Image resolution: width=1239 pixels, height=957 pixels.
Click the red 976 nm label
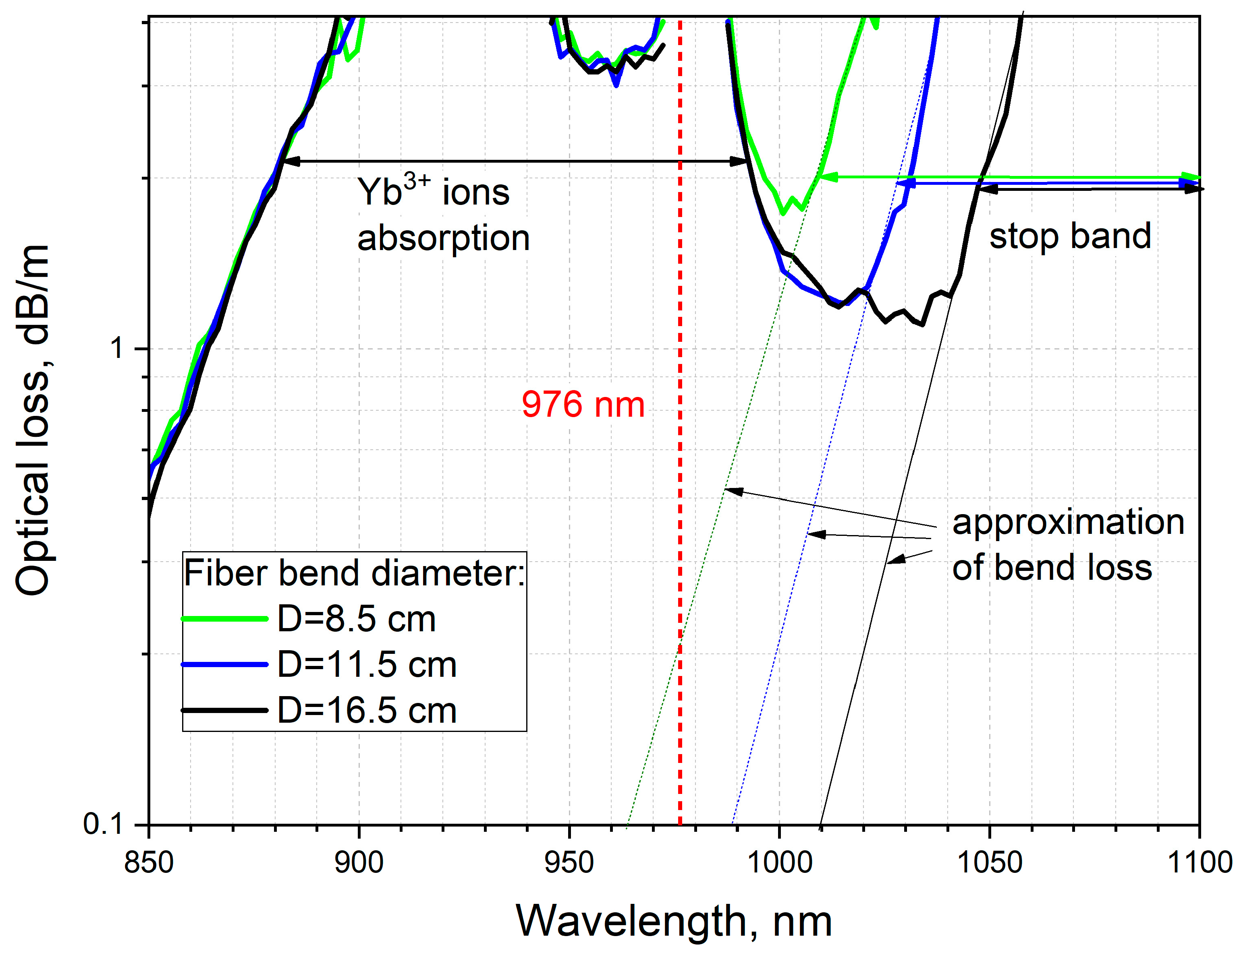(x=583, y=405)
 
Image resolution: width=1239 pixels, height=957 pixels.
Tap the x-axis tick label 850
(x=149, y=863)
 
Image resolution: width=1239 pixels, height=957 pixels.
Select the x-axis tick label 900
(x=359, y=863)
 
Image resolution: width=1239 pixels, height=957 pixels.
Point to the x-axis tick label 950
(x=569, y=863)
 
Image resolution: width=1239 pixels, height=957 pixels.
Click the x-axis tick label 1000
(x=780, y=863)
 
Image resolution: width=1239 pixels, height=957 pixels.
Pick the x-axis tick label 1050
(x=989, y=863)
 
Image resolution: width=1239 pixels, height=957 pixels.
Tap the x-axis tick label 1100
(x=1199, y=863)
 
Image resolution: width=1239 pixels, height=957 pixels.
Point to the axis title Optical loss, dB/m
(x=33, y=420)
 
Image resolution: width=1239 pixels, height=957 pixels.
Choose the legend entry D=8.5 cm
(x=356, y=619)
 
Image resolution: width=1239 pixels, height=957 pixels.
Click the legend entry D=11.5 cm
(x=367, y=665)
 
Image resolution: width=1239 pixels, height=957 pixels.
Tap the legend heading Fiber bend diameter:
(x=355, y=573)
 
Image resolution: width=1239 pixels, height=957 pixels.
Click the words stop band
(x=1070, y=236)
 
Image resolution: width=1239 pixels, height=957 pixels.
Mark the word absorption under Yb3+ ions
(x=443, y=238)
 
